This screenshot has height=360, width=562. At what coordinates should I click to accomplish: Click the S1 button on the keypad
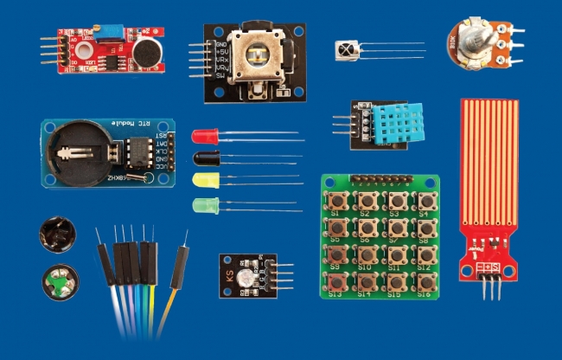[336, 202]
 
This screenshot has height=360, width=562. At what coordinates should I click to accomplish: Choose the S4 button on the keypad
[423, 202]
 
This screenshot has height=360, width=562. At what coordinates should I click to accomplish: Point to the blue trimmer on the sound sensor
[111, 32]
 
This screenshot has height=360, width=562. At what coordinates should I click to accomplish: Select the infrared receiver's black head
[348, 51]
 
